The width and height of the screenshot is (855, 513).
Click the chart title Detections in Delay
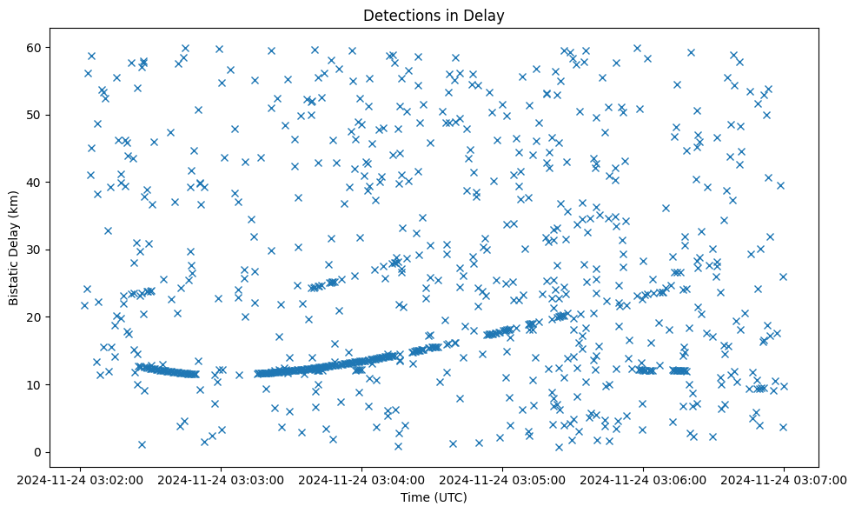[434, 15]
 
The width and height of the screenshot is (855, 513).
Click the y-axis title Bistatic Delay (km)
[14, 239]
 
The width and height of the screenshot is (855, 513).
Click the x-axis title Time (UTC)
[434, 497]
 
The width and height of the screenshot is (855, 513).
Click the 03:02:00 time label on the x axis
[81, 480]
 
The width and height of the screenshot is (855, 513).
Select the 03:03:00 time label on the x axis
[222, 480]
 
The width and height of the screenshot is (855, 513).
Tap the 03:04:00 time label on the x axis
[362, 480]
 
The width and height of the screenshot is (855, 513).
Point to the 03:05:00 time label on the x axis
[503, 480]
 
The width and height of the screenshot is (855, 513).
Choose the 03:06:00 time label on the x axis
[644, 480]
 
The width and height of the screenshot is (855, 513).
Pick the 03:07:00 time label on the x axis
[785, 480]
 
